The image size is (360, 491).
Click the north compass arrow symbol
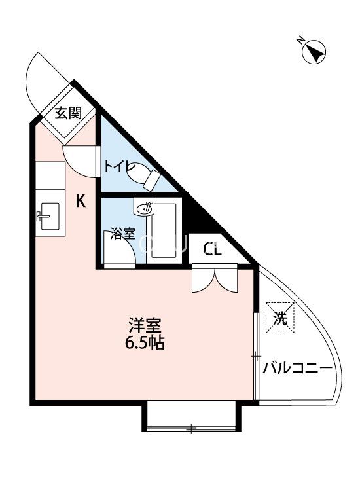point(314,52)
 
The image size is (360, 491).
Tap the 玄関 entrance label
point(68,113)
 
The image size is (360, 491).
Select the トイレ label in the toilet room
point(119,166)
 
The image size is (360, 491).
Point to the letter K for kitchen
point(81,200)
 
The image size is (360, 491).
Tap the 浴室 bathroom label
point(122,234)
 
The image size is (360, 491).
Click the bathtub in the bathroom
point(164,231)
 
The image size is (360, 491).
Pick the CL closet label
point(212,249)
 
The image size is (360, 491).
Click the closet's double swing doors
point(215,278)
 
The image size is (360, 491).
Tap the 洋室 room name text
point(145,326)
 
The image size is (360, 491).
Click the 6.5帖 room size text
point(145,343)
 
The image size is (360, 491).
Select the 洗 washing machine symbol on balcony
point(280,318)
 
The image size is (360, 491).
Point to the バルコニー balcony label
point(297,368)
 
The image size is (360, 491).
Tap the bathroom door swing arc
point(120,247)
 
